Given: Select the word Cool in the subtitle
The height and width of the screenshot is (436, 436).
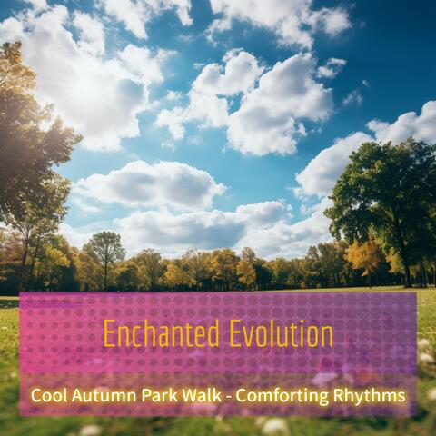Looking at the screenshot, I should pos(48,396).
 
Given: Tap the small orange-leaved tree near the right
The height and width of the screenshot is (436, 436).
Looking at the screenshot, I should pos(365,256).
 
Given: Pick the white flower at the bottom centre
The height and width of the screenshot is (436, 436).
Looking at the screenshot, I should pos(273,425).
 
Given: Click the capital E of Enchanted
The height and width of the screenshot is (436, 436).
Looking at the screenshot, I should pos(109,333).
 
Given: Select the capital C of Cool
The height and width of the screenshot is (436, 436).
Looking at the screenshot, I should pos(36,396).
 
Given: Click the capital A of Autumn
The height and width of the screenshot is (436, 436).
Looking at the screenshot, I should pos(78,396).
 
